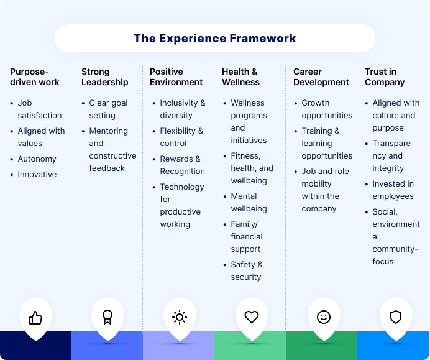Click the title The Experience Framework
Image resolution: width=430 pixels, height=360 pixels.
[214, 39]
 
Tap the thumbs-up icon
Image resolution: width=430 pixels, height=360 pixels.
[35, 318]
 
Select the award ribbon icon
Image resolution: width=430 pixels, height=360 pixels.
[107, 317]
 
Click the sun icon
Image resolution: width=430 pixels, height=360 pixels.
[180, 317]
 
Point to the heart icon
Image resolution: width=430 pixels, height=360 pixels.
[252, 317]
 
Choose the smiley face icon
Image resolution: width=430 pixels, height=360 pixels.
[324, 317]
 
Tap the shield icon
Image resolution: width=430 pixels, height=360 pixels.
[396, 317]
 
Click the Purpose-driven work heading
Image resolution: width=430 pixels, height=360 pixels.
[35, 77]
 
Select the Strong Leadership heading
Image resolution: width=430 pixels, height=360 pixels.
[104, 77]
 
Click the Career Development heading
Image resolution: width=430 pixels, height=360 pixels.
[321, 77]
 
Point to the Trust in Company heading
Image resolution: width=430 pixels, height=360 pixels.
[385, 77]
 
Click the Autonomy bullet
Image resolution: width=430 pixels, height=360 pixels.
[37, 159]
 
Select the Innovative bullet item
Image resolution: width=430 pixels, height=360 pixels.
[37, 175]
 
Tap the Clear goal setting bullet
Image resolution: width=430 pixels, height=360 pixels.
[108, 109]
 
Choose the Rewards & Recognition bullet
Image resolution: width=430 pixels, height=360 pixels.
[182, 165]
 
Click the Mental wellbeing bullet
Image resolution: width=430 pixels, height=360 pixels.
[249, 203]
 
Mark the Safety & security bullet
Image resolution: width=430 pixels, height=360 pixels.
[247, 271]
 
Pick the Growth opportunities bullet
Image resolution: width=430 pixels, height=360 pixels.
[327, 109]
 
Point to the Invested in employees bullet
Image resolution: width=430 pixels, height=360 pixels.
[393, 190]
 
